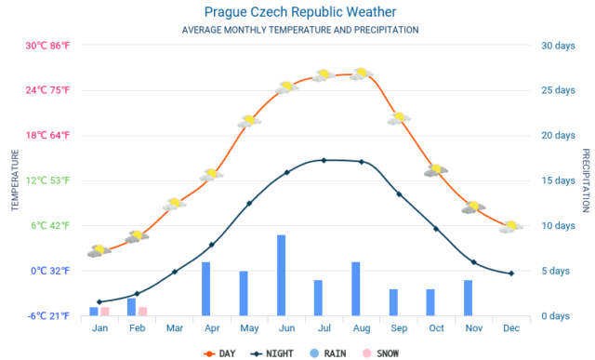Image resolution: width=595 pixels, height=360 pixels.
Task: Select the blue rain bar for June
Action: coord(281,275)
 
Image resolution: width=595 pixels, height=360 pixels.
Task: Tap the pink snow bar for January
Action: coord(105,311)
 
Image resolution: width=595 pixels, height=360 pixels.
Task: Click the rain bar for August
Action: coord(355,288)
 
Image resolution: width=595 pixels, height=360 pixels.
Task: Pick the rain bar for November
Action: coord(468,298)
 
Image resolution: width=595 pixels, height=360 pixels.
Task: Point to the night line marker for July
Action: coord(324,160)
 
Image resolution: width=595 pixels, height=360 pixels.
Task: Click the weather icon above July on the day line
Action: coord(324,75)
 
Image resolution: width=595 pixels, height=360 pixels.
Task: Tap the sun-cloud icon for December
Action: coord(511,226)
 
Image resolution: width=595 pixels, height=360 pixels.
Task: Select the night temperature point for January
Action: coord(99,302)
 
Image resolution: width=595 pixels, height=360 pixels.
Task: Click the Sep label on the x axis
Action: coord(399,328)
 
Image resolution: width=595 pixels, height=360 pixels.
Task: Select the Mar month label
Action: coord(174,328)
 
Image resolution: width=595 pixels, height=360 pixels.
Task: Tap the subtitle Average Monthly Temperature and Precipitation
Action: coord(300,30)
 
